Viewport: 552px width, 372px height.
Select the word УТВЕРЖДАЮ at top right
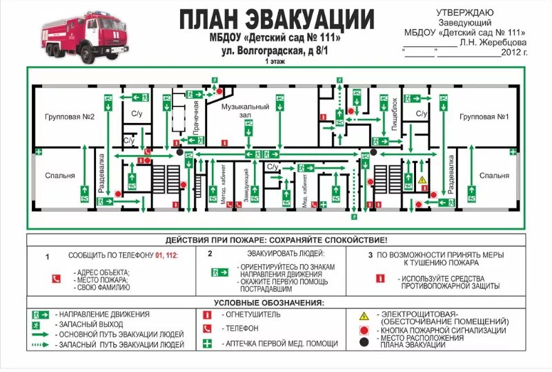(x=464, y=12)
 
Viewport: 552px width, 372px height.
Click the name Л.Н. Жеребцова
(x=492, y=41)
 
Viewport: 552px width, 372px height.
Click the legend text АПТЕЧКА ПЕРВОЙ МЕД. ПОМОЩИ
(x=279, y=344)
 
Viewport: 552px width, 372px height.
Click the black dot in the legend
(x=364, y=342)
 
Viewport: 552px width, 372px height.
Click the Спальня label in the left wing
(x=60, y=176)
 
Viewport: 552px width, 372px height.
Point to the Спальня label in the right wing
(x=494, y=176)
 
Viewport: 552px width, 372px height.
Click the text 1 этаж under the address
(x=275, y=61)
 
